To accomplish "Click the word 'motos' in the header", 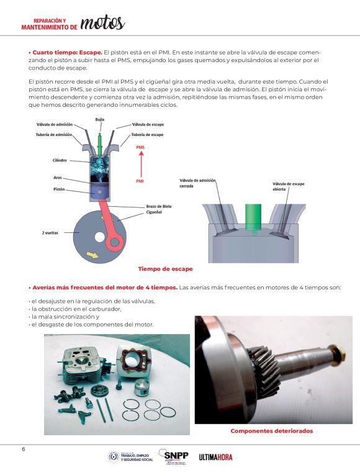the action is [102, 23].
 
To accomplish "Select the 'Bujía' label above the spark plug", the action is [99, 120].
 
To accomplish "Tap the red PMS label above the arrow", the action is [140, 147].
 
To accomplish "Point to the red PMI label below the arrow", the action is [140, 181].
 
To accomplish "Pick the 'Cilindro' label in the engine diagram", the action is [60, 160].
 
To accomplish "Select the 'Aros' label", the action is [58, 178].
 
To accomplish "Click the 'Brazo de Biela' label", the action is [159, 206].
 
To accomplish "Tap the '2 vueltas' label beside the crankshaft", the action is [50, 233].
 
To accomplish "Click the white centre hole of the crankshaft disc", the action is [99, 237].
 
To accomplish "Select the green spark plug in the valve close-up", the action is [253, 218].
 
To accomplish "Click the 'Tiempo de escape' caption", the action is [165, 269].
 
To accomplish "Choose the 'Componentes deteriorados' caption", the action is [272, 431].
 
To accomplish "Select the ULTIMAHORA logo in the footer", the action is [215, 457].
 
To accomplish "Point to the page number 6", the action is [24, 450].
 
